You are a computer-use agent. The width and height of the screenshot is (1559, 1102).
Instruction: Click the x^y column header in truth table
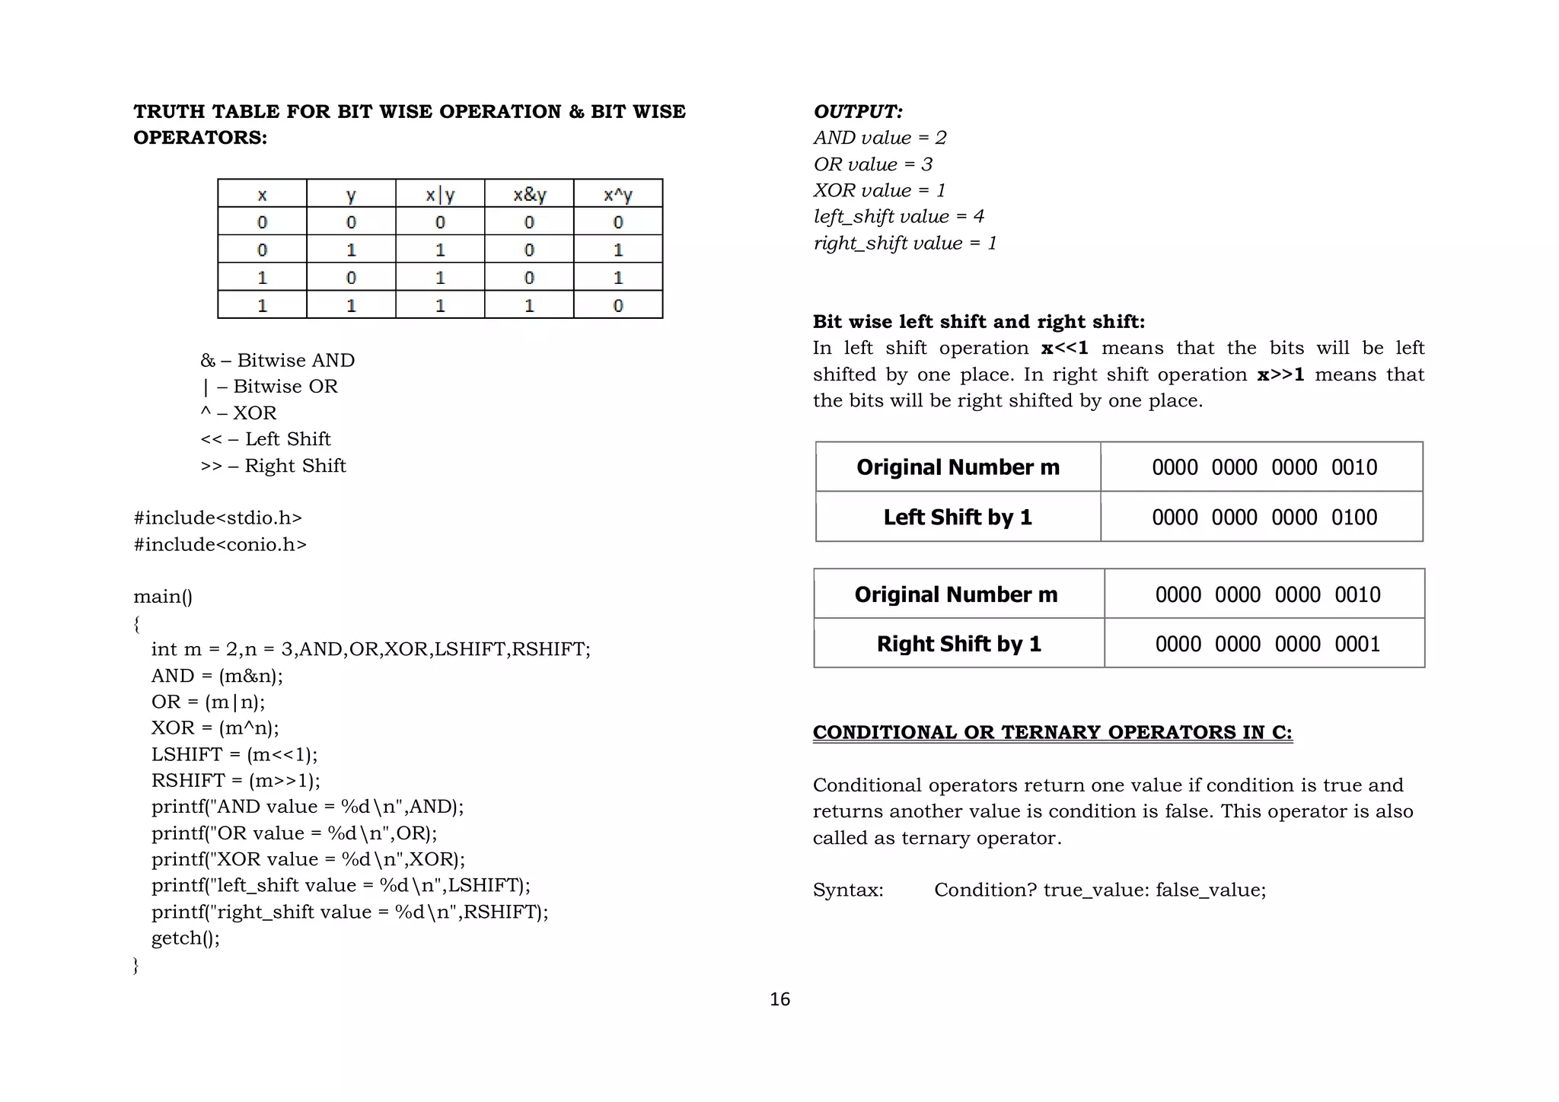click(617, 195)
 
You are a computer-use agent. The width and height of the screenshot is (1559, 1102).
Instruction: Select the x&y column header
click(529, 195)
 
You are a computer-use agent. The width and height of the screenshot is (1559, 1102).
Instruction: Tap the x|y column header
click(440, 195)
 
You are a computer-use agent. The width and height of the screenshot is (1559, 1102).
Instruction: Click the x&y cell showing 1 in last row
click(529, 305)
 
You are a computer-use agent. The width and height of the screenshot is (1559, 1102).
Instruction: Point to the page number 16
click(779, 999)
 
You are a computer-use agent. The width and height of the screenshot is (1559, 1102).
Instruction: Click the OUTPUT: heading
click(858, 112)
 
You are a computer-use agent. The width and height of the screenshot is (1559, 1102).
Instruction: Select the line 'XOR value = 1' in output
click(879, 190)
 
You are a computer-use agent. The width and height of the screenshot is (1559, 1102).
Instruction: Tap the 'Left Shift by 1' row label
click(958, 518)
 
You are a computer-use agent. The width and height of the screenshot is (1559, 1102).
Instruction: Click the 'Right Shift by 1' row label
click(958, 644)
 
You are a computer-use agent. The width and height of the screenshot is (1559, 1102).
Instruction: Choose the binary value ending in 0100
click(1264, 518)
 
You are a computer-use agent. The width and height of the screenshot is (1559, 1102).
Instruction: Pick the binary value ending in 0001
click(1267, 644)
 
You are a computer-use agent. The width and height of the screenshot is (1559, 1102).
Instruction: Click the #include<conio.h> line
click(220, 544)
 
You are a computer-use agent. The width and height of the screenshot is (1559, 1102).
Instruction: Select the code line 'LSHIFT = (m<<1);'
click(234, 754)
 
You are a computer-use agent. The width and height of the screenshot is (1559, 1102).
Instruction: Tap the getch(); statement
click(185, 938)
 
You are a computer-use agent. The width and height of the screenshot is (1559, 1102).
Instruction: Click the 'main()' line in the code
click(163, 597)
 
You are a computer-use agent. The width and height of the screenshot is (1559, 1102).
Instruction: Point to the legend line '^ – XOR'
click(238, 413)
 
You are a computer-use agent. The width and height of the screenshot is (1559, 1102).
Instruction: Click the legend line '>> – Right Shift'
click(273, 466)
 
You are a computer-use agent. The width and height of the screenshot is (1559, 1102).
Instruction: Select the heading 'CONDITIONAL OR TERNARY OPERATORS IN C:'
click(1052, 732)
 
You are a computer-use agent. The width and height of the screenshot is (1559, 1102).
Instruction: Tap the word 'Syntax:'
click(848, 890)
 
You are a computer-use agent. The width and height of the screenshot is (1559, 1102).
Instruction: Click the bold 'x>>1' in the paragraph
click(1280, 374)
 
